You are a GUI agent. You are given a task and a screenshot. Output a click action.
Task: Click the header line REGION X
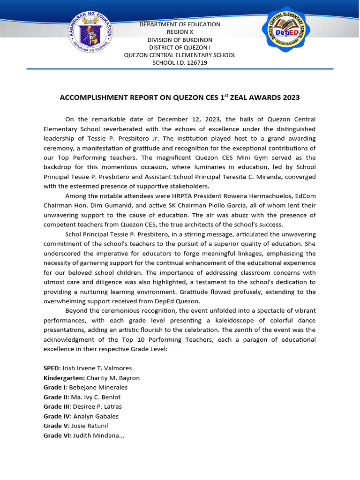(x=180, y=32)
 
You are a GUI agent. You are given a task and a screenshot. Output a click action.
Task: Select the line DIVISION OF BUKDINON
(x=180, y=40)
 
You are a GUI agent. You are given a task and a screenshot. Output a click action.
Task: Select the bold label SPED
(x=51, y=368)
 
